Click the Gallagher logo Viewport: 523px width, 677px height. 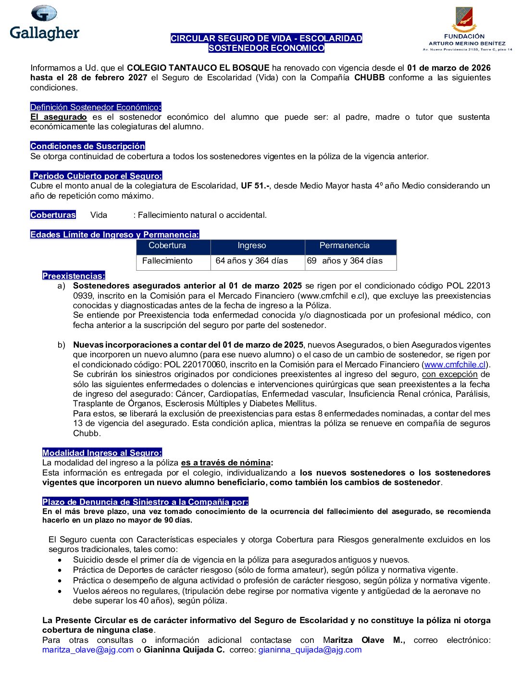44,23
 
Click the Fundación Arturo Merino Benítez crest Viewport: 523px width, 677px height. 464,20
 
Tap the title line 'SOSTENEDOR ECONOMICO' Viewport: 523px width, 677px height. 266,48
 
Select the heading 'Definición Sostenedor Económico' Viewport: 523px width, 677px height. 95,107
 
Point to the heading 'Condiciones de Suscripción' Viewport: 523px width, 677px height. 87,146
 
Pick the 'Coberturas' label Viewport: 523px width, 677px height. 53,215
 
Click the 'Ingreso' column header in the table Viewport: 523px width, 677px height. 251,246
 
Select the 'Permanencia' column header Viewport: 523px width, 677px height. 344,246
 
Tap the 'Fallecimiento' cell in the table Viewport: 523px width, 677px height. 167,261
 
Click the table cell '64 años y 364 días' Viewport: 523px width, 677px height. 251,261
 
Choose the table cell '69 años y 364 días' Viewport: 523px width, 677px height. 345,261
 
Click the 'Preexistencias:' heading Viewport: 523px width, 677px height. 74,276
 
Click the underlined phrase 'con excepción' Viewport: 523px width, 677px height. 449,374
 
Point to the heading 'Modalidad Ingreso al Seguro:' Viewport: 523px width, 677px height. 102,453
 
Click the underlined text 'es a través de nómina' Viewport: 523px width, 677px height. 226,463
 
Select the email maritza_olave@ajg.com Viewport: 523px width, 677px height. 88,650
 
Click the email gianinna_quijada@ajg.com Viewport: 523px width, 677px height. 310,650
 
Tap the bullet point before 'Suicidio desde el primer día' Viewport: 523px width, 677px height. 60,560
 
